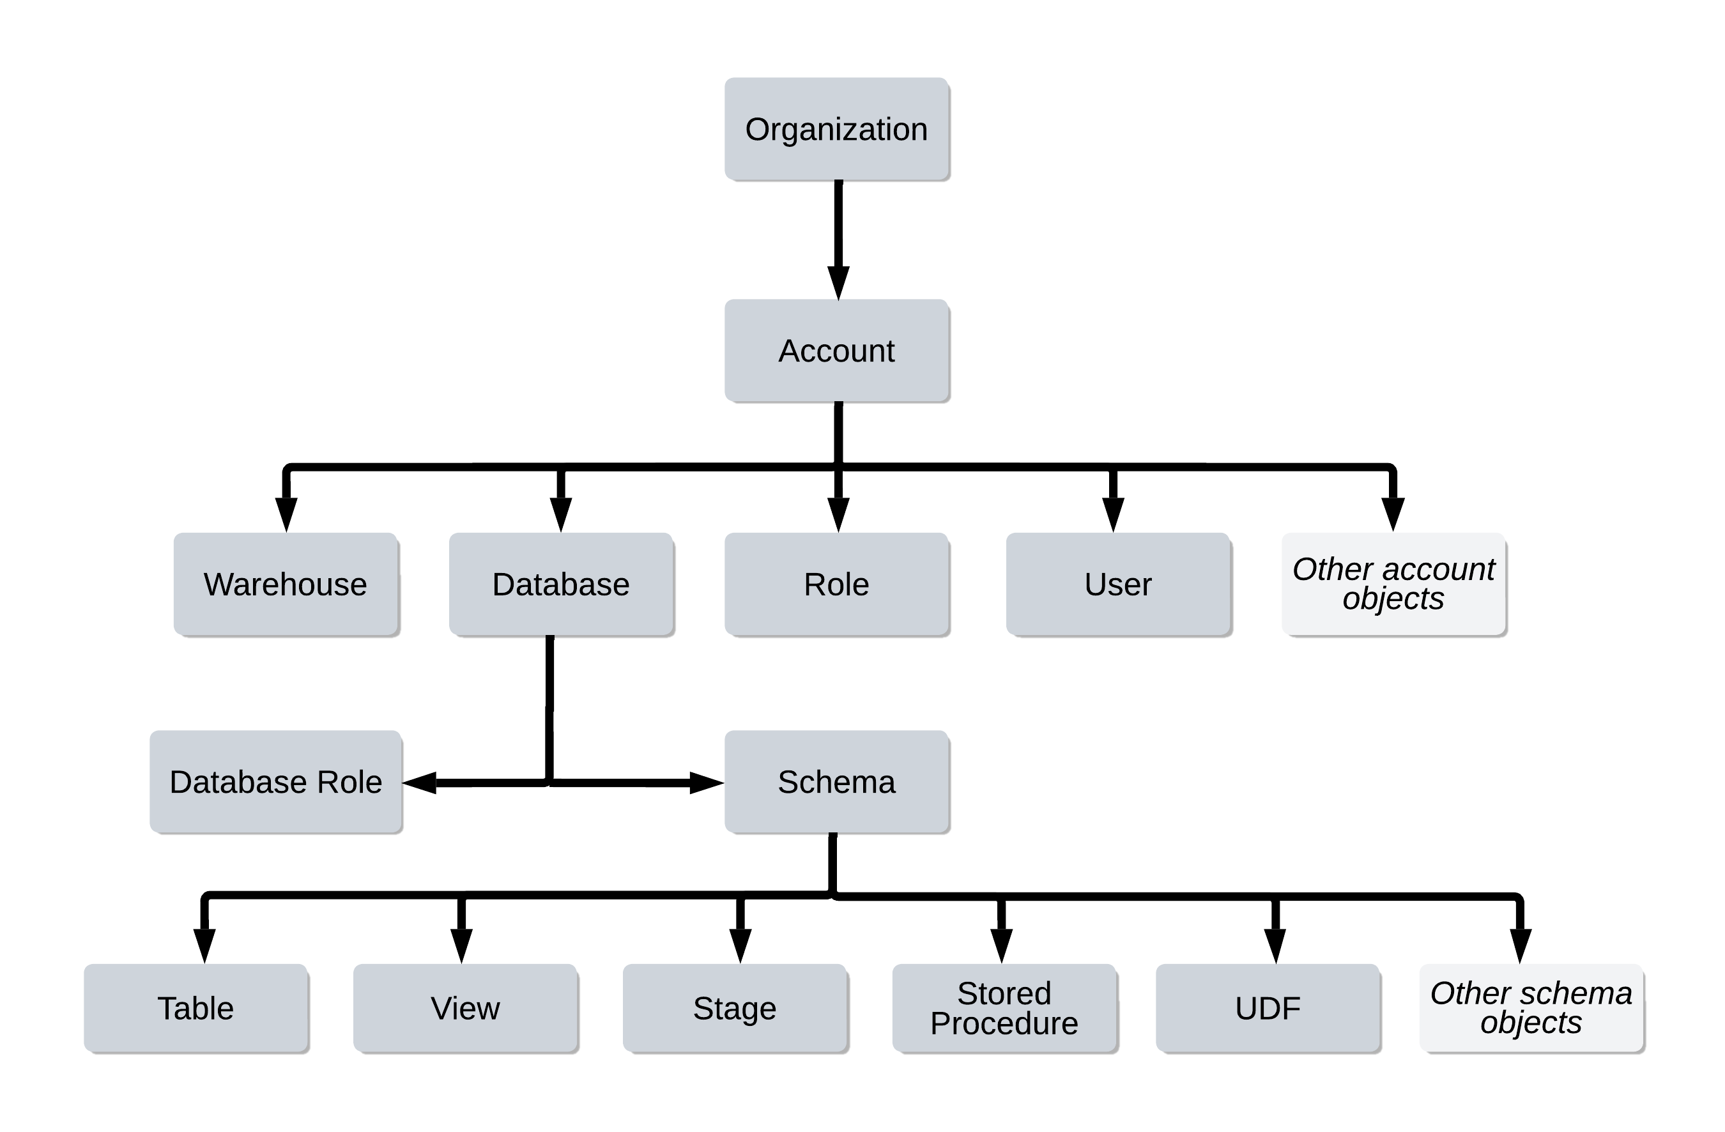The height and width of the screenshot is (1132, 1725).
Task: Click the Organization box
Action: [836, 129]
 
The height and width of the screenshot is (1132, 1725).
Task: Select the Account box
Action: [836, 351]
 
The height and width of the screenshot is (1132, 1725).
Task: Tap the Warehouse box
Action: [286, 584]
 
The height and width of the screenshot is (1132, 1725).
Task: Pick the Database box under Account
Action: [561, 584]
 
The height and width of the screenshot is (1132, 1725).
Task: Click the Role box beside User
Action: [836, 584]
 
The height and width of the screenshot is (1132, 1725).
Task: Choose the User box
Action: [1117, 584]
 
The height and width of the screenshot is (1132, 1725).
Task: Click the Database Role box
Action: [275, 782]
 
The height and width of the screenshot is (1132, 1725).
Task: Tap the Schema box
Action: [836, 782]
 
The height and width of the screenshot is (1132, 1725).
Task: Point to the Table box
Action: [195, 1008]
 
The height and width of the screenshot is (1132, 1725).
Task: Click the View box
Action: [465, 1008]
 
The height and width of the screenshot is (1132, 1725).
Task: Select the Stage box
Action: [734, 1008]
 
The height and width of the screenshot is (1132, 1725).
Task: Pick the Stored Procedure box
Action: [1004, 1008]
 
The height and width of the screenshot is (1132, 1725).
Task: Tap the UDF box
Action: [1268, 1008]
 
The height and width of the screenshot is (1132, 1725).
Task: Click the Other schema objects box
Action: [1531, 1008]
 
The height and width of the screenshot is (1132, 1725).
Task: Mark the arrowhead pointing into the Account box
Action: [839, 282]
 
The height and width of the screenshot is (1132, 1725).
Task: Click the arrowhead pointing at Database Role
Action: [420, 783]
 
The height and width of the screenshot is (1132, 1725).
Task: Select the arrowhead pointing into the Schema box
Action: [706, 783]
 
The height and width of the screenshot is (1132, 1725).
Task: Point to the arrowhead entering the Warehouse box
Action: [286, 514]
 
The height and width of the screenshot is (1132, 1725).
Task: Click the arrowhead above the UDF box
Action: [1275, 945]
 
